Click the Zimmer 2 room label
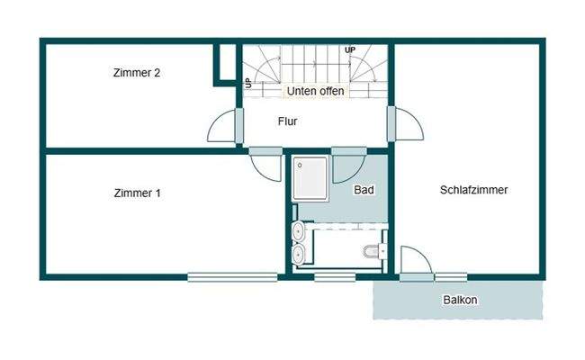tap(137, 73)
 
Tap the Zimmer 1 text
tap(138, 193)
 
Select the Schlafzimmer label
tap(474, 190)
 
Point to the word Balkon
tap(460, 300)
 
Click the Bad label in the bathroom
tap(364, 190)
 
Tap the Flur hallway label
tap(287, 121)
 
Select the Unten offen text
tap(315, 92)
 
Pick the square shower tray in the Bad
tap(310, 178)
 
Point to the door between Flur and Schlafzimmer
tap(406, 126)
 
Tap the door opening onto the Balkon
tap(415, 262)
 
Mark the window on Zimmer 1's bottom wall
tap(233, 277)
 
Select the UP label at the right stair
tap(349, 49)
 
